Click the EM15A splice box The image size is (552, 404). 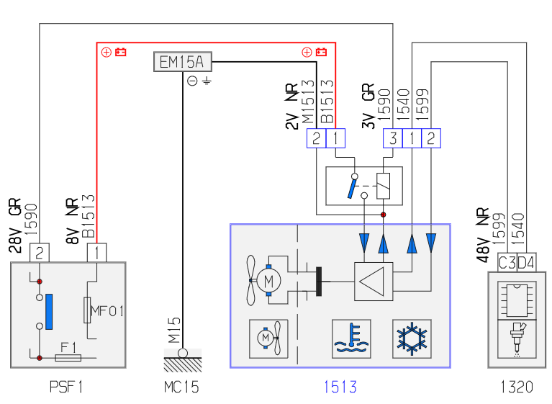[183, 62]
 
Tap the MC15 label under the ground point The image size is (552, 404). [181, 387]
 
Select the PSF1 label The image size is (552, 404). [66, 387]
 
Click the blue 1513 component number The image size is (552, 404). [340, 387]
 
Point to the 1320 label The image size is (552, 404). [517, 387]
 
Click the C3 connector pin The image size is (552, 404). [507, 262]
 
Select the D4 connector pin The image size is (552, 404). [527, 262]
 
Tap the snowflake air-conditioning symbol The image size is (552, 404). [412, 339]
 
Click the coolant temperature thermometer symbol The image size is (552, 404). [351, 339]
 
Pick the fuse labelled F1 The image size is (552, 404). [68, 358]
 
